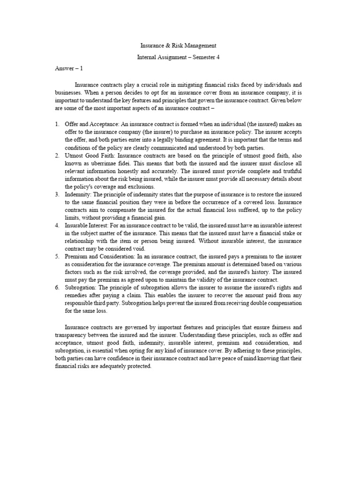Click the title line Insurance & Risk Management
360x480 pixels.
tap(178, 46)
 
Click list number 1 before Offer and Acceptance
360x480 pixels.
tap(56, 123)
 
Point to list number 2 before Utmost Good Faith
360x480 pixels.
tap(56, 154)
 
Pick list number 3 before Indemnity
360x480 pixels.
tap(56, 194)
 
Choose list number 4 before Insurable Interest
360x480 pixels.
tap(56, 225)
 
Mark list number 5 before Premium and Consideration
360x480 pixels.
tap(56, 256)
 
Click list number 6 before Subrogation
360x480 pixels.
tap(56, 288)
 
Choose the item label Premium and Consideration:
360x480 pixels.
tap(99, 256)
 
